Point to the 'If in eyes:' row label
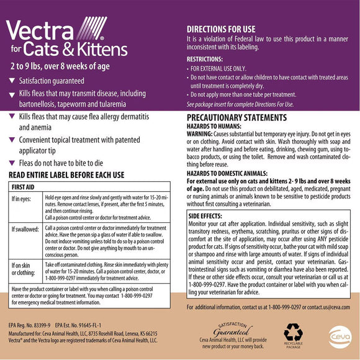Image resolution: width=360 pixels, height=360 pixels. pos(24,199)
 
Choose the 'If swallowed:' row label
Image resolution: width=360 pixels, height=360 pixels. pos(27,229)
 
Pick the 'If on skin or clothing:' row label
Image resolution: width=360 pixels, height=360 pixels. pos(24,268)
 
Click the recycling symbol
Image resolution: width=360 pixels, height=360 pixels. pos(293,334)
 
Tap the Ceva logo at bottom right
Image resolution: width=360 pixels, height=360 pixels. pos(335,334)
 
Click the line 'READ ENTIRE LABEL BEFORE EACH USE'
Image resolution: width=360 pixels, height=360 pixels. pos(66,174)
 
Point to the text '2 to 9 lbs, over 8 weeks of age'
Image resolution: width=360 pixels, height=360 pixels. pos(63,65)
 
